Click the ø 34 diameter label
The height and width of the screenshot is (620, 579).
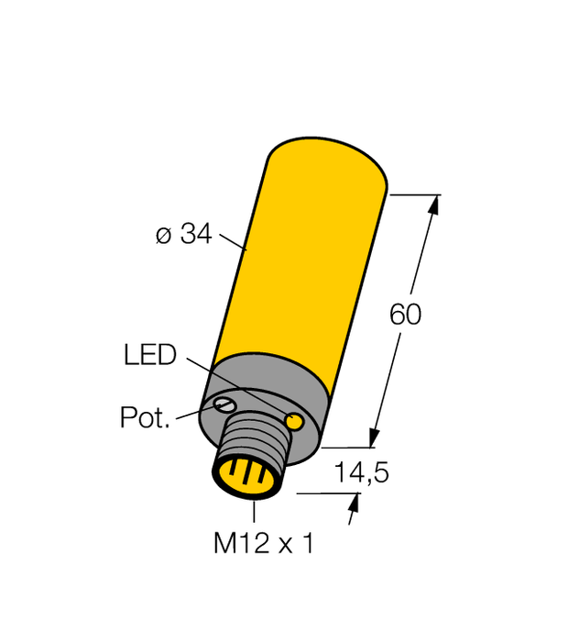183,235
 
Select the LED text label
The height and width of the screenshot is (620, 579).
149,355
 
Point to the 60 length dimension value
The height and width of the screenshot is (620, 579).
406,315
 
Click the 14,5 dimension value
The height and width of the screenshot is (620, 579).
362,473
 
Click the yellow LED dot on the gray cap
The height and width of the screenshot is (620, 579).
295,421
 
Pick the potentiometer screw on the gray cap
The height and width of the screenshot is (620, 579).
224,404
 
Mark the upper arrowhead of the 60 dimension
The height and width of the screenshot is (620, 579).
433,205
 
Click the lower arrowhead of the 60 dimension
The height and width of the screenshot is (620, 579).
376,437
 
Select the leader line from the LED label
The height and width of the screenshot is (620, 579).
234,382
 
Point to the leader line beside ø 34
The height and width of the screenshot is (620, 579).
233,242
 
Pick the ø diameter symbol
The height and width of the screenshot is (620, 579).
163,236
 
